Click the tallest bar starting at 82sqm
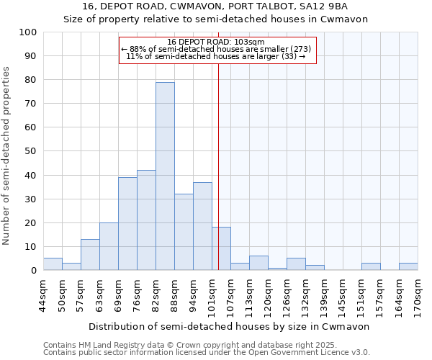165,176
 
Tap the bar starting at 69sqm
127,224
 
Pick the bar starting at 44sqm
53,264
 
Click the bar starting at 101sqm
221,249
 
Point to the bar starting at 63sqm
109,246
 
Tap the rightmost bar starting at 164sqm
408,266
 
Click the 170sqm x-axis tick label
418,294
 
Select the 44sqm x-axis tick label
43,294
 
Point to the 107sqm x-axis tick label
230,294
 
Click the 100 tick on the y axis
28,32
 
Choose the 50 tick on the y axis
31,151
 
